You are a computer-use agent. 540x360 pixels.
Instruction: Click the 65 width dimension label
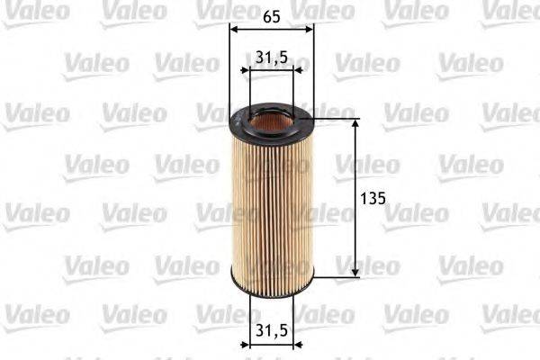pyautogui.click(x=272, y=14)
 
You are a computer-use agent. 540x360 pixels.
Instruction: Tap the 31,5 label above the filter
pyautogui.click(x=272, y=57)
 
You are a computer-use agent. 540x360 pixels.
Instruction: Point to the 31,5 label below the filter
pyautogui.click(x=272, y=331)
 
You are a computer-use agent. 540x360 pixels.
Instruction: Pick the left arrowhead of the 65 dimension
pyautogui.click(x=234, y=28)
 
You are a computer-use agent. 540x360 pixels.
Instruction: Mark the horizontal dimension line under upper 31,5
pyautogui.click(x=272, y=70)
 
